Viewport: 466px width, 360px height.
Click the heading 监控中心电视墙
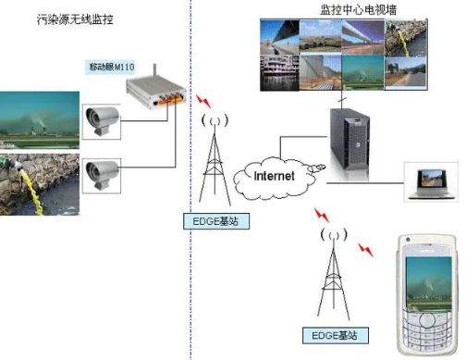tap(355, 8)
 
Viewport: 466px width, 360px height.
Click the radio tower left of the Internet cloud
tap(215, 162)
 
